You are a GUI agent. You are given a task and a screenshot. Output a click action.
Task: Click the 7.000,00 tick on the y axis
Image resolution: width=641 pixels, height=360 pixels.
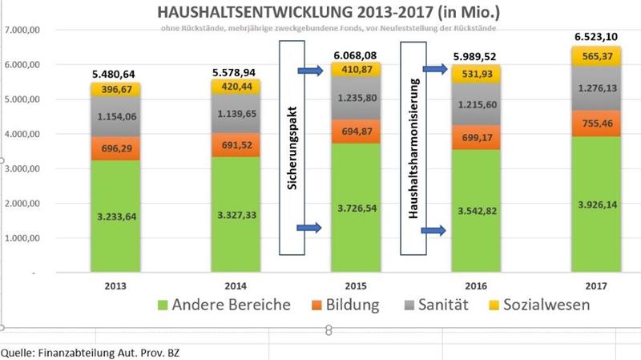[x=22, y=30]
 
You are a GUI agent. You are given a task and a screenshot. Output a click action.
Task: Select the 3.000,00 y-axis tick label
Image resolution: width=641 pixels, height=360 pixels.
[x=22, y=168]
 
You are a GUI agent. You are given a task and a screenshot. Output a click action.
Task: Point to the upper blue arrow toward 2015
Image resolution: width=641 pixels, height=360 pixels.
[x=309, y=72]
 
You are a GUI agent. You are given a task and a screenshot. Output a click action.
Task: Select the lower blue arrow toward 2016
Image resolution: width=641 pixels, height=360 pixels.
[x=433, y=231]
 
